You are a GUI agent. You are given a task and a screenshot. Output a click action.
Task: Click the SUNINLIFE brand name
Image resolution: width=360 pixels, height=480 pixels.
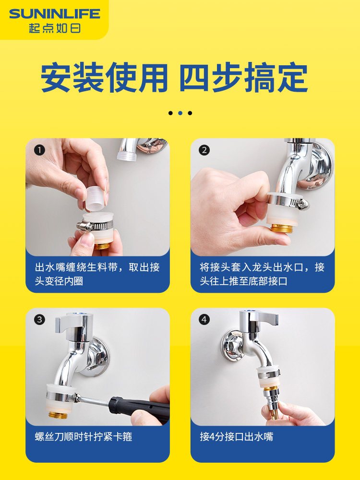pyautogui.click(x=55, y=14)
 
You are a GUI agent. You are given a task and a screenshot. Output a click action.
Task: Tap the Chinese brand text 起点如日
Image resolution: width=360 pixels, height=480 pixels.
pyautogui.click(x=55, y=28)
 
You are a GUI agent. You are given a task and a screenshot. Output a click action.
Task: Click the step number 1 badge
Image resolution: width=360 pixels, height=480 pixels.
pyautogui.click(x=39, y=150)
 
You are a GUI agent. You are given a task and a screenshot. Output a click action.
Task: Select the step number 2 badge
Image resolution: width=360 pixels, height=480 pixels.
pyautogui.click(x=204, y=150)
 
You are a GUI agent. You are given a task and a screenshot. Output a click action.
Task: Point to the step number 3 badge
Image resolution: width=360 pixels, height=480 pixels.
pyautogui.click(x=39, y=320)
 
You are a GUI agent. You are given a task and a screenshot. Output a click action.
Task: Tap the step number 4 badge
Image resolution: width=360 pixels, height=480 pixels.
pyautogui.click(x=204, y=320)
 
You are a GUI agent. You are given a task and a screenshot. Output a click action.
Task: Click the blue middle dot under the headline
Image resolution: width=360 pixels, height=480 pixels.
pyautogui.click(x=180, y=113)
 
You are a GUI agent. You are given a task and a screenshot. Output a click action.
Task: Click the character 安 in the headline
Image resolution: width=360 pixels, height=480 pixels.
pyautogui.click(x=56, y=77)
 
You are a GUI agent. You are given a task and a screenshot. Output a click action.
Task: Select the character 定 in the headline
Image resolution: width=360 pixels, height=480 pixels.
pyautogui.click(x=292, y=77)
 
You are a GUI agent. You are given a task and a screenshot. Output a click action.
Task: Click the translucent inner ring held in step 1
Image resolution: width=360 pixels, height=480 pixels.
pyautogui.click(x=96, y=198)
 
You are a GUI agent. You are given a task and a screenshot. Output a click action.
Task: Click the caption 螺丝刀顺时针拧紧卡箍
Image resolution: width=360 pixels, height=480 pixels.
pyautogui.click(x=83, y=436)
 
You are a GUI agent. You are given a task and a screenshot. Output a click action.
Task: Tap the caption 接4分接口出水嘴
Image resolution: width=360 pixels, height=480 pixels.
pyautogui.click(x=236, y=436)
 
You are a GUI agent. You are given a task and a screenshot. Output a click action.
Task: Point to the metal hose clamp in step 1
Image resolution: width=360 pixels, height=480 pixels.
pyautogui.click(x=95, y=227)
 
